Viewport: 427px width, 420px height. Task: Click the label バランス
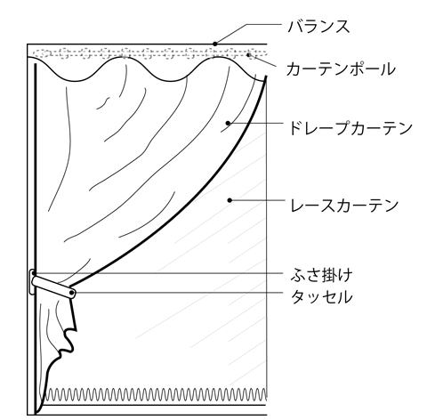coord(318,27)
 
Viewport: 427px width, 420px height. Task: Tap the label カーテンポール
coord(341,69)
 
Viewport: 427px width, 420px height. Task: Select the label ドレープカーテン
coord(350,128)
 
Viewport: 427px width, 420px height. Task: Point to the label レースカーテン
coord(344,206)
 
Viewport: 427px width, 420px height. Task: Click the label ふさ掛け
coord(321,275)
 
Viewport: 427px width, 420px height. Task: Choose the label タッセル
coord(321,296)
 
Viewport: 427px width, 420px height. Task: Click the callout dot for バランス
coord(215,44)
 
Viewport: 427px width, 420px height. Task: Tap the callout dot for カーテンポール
coord(248,54)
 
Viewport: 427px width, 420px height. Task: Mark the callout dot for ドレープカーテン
coord(228,123)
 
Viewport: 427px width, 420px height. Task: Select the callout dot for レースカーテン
coord(230,200)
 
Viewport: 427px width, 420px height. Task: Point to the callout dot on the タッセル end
coord(72,293)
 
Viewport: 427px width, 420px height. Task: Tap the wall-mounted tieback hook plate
coord(31,282)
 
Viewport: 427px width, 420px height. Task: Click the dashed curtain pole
coord(149,53)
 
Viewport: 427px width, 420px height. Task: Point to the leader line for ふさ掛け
coord(159,273)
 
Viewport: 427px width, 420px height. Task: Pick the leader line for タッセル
coord(178,293)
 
